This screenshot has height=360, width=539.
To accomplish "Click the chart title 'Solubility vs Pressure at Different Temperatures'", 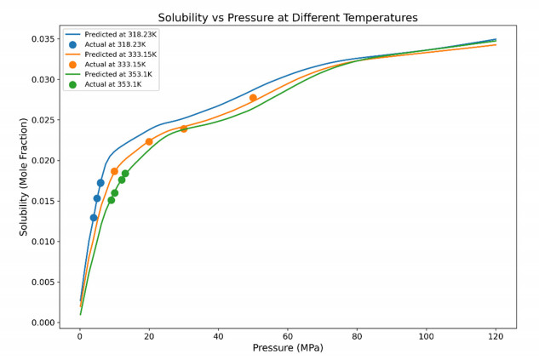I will [288, 17].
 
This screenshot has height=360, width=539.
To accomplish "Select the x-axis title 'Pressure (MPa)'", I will [288, 348].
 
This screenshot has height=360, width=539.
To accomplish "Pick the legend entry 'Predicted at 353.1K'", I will [115, 74].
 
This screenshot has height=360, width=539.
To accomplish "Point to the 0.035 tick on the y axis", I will [43, 39].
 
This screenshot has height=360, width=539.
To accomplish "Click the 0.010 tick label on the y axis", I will [43, 242].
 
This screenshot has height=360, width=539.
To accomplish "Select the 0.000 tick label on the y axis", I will [43, 323].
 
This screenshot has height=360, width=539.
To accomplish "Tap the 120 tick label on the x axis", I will [496, 335].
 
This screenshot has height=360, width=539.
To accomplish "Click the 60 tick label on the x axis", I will [288, 335].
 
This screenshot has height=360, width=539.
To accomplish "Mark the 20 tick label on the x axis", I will [149, 335].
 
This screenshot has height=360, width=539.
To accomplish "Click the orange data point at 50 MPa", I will [253, 98].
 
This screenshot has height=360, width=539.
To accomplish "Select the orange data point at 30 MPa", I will [184, 129].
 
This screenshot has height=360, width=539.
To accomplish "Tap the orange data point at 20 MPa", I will [149, 141].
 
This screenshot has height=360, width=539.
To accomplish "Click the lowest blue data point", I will [94, 218].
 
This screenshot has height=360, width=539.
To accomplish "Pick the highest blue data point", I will [100, 183].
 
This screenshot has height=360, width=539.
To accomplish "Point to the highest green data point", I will [125, 174].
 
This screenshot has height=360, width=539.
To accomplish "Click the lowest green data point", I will [112, 200].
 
